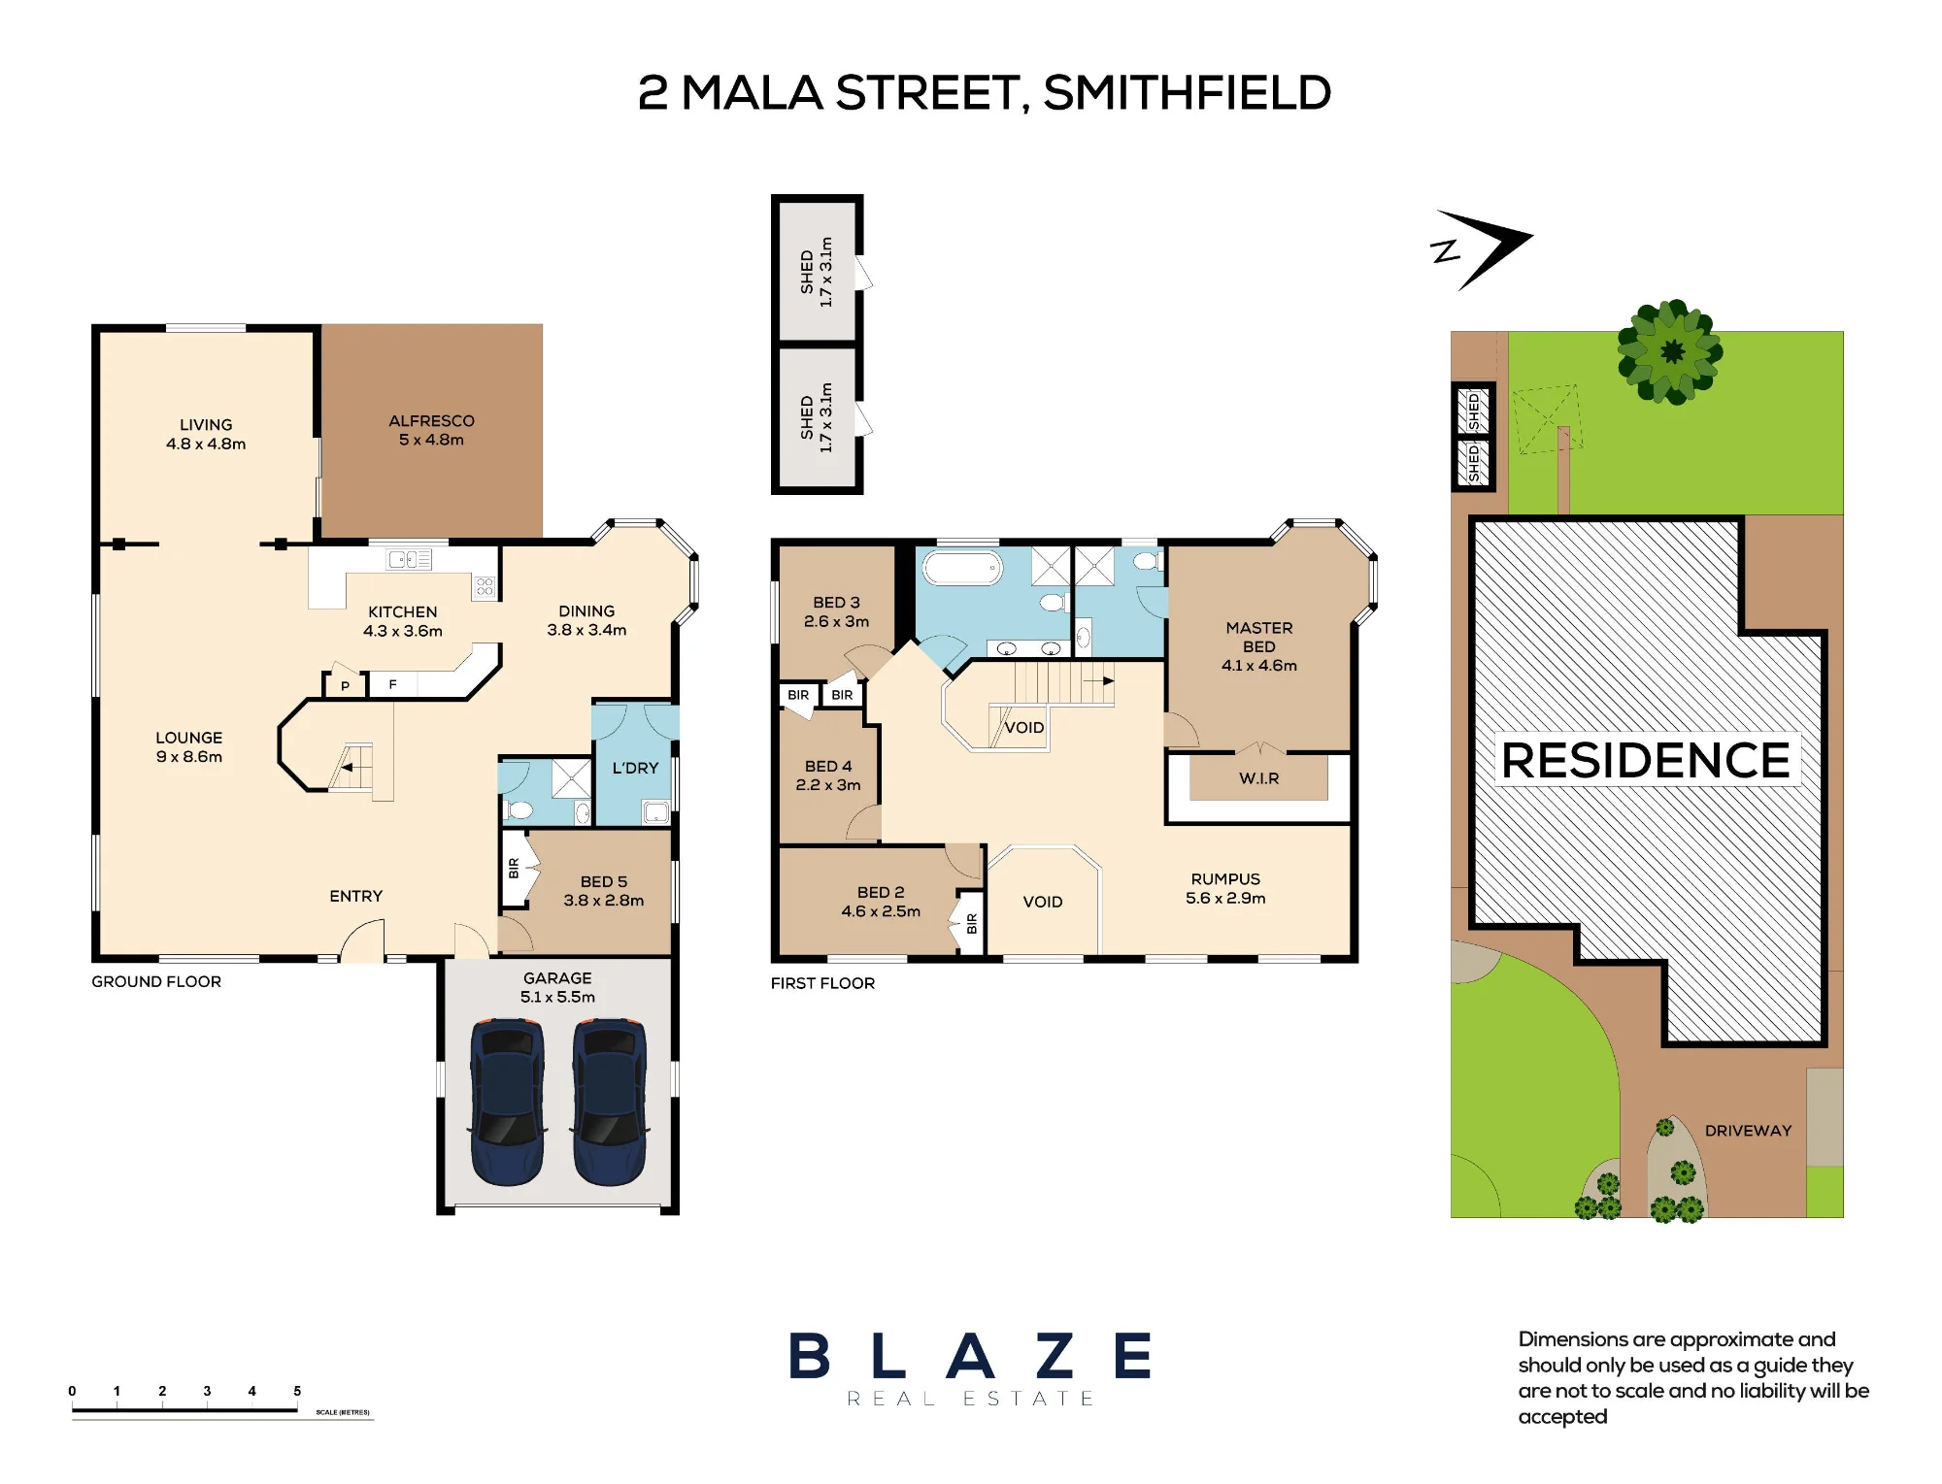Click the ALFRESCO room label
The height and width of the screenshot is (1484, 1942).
tap(431, 421)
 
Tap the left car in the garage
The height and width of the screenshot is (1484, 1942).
tap(507, 1102)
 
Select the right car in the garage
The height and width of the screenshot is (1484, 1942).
tap(610, 1102)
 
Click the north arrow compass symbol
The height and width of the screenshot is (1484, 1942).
tap(1481, 249)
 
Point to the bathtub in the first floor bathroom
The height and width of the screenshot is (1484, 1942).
tap(961, 568)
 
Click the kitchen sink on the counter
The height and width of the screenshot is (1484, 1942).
tap(410, 559)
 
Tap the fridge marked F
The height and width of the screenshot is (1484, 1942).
tap(392, 684)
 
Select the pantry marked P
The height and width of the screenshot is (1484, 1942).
tap(345, 685)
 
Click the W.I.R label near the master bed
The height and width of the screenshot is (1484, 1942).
tap(1258, 778)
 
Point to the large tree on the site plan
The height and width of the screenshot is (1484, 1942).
tap(1670, 351)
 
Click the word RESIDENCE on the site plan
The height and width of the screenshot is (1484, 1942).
tap(1646, 760)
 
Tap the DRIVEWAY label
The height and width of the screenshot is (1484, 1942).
tap(1748, 1131)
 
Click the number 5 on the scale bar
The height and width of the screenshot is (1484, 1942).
tap(297, 1391)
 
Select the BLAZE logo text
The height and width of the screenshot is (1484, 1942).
tap(970, 1356)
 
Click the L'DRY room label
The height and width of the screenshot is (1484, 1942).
tap(635, 768)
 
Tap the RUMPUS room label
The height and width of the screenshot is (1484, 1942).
tap(1225, 879)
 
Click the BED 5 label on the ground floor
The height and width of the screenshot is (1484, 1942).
tap(604, 881)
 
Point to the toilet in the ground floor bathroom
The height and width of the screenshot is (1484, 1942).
tap(519, 809)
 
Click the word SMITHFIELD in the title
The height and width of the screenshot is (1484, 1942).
tap(1187, 93)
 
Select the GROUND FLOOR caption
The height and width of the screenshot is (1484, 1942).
tap(156, 981)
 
